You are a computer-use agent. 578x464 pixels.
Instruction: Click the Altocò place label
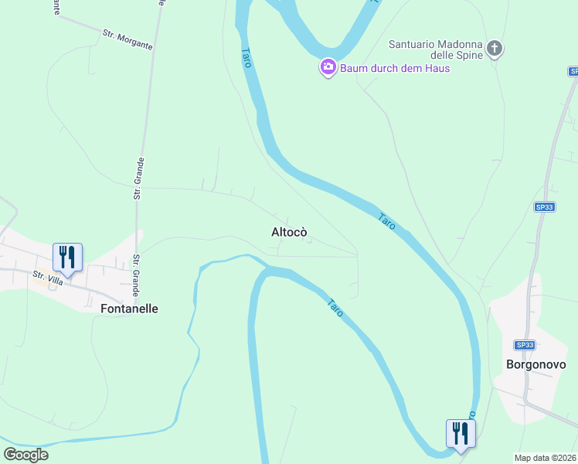(290, 232)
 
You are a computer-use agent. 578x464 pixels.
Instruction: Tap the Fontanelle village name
(130, 308)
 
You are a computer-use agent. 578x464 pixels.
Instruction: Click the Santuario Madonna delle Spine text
(434, 50)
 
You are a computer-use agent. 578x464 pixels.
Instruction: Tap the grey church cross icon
(495, 49)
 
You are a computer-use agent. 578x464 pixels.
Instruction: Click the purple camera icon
(328, 68)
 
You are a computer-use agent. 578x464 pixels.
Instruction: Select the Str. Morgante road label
(127, 39)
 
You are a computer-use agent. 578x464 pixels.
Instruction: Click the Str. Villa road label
(47, 278)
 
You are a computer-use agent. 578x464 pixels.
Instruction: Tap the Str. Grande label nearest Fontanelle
(135, 275)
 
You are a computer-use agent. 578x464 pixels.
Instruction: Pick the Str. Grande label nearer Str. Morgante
(139, 179)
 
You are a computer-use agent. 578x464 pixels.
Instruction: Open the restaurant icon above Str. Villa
(67, 257)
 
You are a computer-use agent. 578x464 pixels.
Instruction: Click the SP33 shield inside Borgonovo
(525, 345)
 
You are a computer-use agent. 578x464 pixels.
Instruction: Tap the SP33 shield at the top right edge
(573, 71)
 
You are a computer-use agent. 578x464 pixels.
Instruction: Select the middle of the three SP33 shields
(544, 206)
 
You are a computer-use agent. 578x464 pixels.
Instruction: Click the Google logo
(25, 454)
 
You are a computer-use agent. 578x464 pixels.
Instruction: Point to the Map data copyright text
(546, 458)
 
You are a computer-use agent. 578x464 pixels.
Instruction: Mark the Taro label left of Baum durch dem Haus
(246, 58)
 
